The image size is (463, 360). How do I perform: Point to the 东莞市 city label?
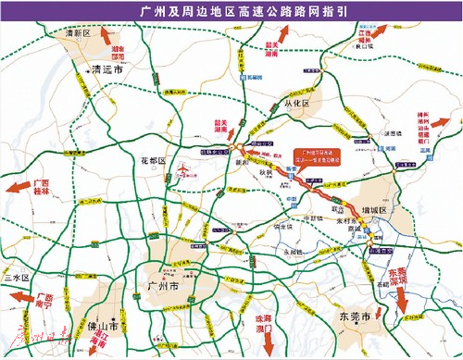pyautogui.click(x=354, y=317)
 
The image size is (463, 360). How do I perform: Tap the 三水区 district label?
pyautogui.click(x=16, y=278)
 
